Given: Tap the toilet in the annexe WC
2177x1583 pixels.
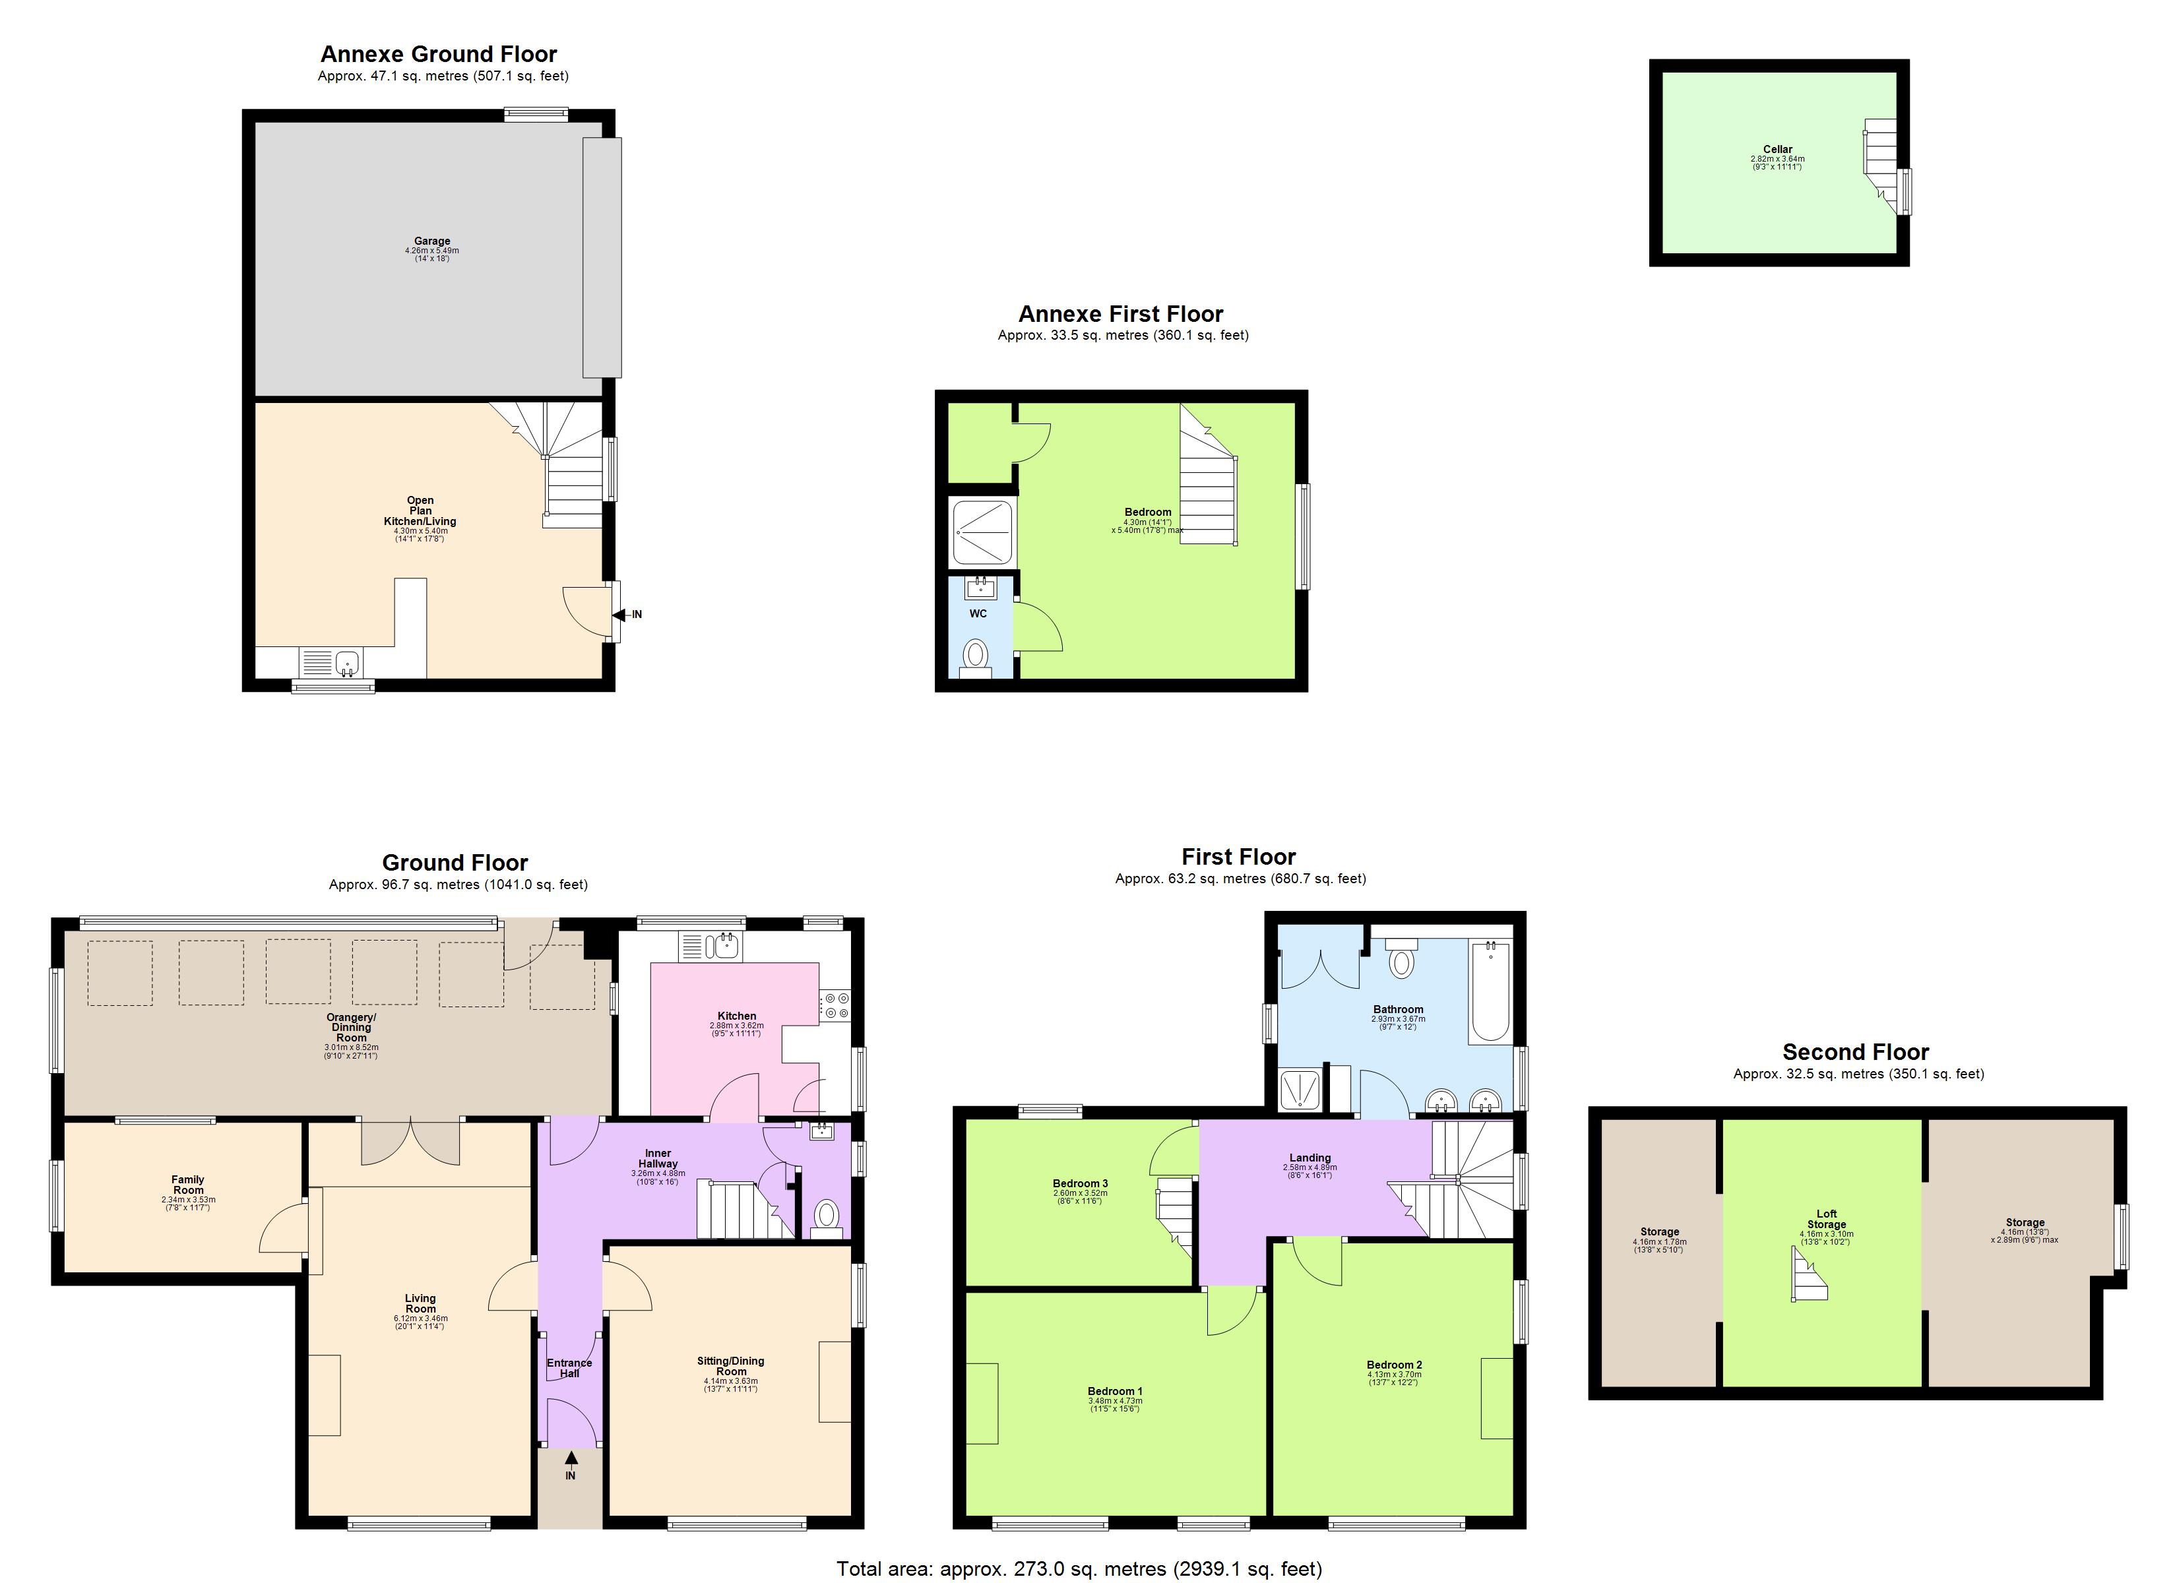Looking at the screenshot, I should (975, 655).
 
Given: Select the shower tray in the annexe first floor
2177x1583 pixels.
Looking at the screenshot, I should (982, 534).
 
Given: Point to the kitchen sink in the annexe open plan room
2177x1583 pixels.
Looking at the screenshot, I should (346, 662).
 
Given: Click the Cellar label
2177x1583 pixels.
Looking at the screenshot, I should (1777, 150).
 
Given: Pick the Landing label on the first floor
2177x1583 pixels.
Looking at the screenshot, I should (1309, 1158).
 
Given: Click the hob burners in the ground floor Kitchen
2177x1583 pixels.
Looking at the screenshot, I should (835, 1005).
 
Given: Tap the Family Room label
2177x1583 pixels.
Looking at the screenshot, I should (188, 1185).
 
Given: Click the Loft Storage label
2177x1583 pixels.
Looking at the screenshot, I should (1825, 1219).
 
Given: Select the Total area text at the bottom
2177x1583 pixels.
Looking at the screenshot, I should (1079, 1568).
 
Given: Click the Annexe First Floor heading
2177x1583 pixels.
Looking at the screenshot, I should (1120, 314).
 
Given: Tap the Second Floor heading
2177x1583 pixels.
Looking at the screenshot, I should (1854, 1051).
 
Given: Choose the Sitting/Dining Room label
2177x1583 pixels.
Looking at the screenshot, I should (730, 1366).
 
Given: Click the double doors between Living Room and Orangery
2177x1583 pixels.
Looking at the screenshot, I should (411, 1140).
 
